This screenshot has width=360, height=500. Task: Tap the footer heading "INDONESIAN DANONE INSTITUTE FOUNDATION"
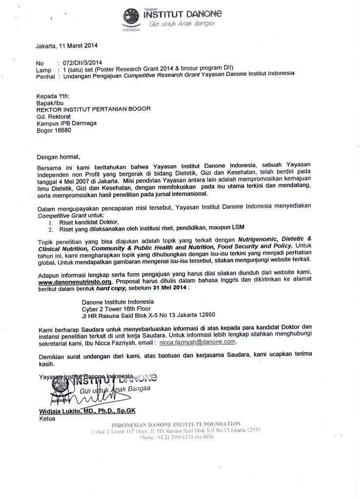pos(176,423)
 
